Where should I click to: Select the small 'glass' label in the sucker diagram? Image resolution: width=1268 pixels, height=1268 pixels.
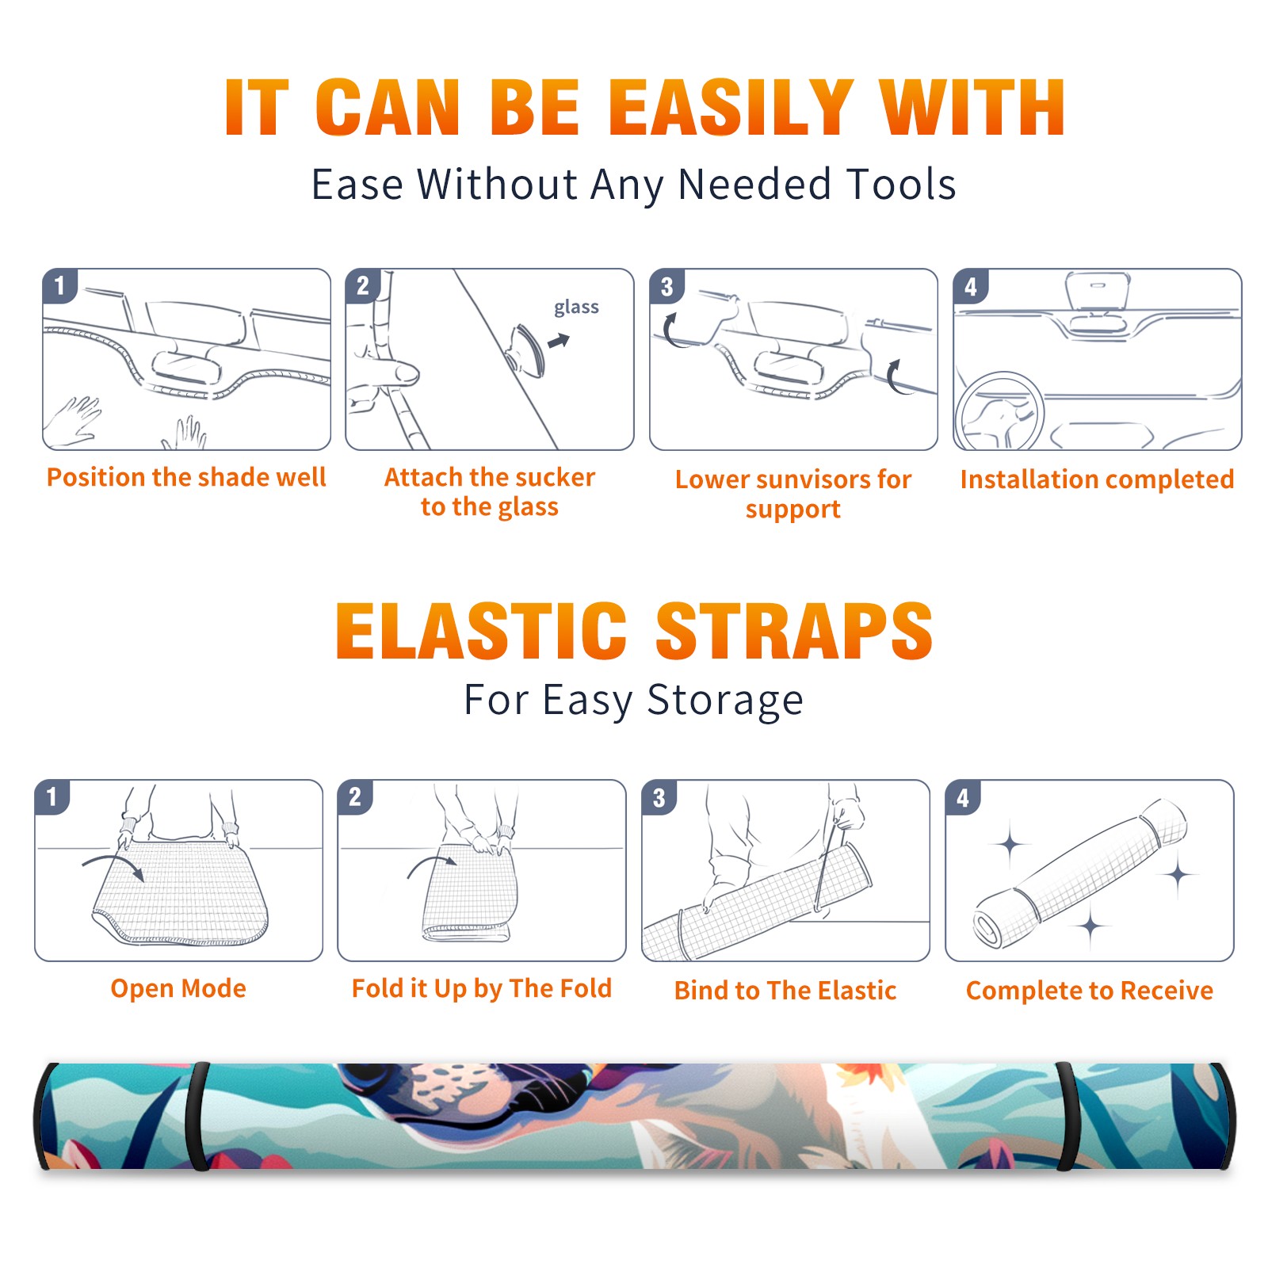[576, 307]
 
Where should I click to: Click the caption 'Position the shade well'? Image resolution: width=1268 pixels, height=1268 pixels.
[186, 477]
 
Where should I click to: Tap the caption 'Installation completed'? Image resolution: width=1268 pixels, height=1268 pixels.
[1097, 479]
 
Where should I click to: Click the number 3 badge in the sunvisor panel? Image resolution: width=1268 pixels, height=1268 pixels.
[666, 287]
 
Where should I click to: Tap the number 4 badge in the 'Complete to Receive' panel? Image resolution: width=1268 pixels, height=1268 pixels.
[963, 797]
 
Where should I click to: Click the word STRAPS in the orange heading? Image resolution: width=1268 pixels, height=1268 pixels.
[794, 631]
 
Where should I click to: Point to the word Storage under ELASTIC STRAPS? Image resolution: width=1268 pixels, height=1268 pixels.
[725, 701]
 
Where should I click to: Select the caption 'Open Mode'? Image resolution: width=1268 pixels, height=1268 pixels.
[178, 988]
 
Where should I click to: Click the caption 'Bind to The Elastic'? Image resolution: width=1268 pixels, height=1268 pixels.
[785, 991]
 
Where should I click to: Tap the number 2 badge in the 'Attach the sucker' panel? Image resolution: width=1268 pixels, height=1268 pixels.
[362, 286]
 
